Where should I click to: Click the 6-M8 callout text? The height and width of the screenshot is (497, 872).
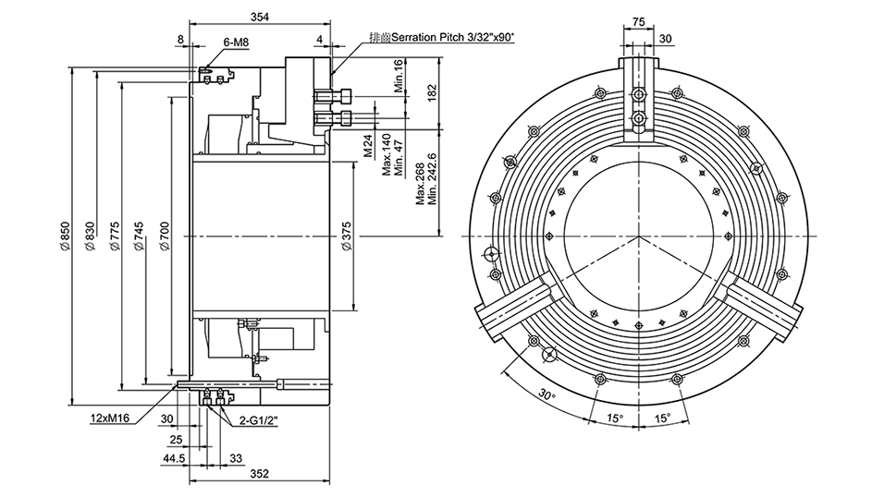tap(236, 42)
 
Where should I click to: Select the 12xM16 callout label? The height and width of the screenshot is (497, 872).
tap(109, 418)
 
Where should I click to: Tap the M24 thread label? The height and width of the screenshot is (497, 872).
tap(367, 147)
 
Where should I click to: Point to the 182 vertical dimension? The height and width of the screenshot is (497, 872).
tap(430, 92)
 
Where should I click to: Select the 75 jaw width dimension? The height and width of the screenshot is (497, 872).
tap(637, 21)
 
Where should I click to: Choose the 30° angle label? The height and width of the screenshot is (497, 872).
tap(547, 395)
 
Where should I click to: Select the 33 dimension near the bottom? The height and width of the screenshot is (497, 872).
tap(235, 458)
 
